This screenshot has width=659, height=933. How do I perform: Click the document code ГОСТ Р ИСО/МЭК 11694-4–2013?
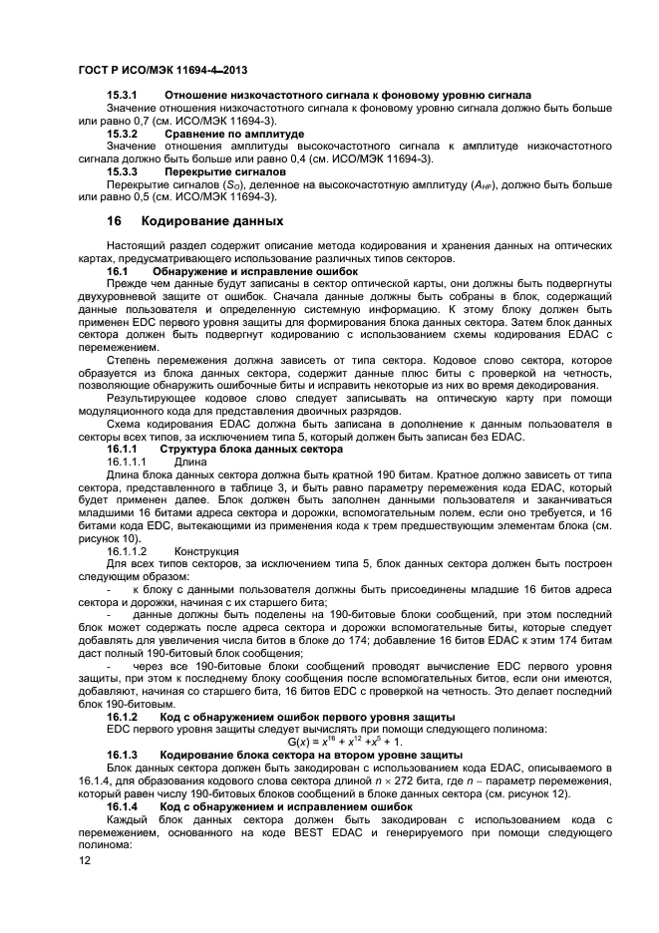(163, 71)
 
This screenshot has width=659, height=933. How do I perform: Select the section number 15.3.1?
(122, 95)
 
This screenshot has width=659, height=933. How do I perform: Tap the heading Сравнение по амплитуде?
(234, 134)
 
